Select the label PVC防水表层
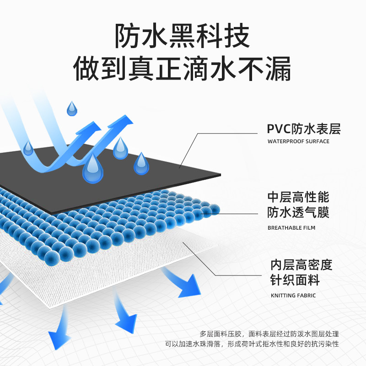304,129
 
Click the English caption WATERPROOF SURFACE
298,141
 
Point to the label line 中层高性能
298,198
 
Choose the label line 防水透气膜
298,213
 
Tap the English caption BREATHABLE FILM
291,227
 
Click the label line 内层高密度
301,265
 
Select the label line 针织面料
295,280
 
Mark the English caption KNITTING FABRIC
293,296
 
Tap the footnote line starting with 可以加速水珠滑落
255,344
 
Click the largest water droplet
93,168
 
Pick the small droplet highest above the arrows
72,109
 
